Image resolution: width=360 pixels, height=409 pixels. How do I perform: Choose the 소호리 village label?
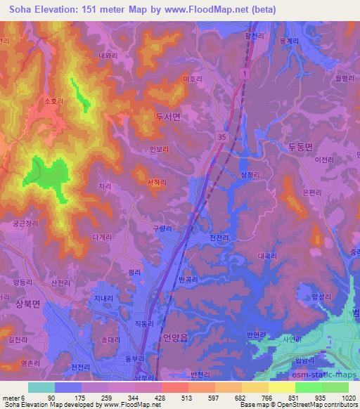(53, 102)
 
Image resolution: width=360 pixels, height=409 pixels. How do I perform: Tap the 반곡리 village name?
(191, 279)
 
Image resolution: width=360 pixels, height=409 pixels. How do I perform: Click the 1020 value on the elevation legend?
(348, 397)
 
